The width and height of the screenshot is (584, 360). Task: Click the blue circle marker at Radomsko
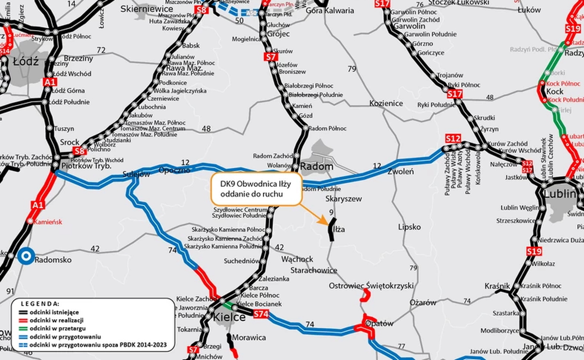tap(26, 256)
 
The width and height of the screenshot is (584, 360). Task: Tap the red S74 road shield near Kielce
tap(261, 315)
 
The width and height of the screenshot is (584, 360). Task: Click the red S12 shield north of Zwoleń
tap(453, 139)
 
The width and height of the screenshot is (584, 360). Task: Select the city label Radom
tap(317, 167)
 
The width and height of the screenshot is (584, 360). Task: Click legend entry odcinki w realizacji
tap(56, 320)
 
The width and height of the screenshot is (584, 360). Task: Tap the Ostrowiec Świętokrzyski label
tap(371, 286)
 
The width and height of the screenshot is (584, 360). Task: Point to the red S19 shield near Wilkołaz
tap(534, 252)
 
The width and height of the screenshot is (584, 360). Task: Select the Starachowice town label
tap(313, 270)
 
